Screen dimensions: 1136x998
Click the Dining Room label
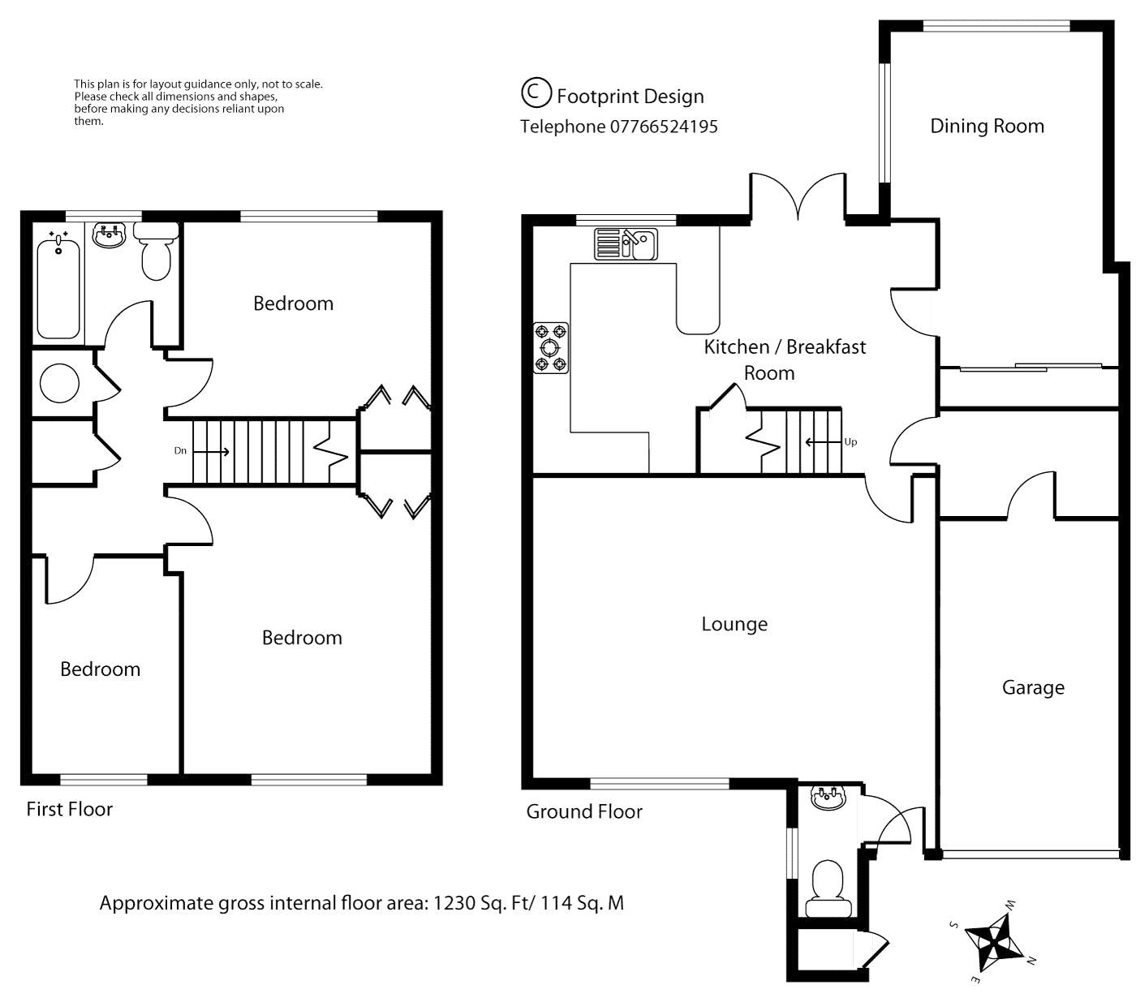click(x=987, y=126)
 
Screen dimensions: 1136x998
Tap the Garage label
click(x=1033, y=687)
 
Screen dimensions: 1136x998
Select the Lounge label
click(x=734, y=624)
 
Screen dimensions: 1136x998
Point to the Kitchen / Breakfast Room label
click(x=785, y=359)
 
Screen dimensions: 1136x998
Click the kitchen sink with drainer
click(x=626, y=244)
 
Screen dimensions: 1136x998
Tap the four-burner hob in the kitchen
click(x=551, y=347)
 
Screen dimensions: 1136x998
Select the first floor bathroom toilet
click(x=156, y=251)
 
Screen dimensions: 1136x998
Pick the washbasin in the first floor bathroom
click(x=108, y=234)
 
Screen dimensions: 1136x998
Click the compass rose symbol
click(x=993, y=943)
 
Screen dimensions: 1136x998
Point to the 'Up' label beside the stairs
click(x=850, y=442)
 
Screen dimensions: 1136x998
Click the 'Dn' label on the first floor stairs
click(x=180, y=450)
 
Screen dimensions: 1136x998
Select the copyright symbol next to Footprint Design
click(x=536, y=92)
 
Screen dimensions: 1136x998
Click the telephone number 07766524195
click(x=663, y=127)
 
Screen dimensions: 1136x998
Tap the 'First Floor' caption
click(x=70, y=809)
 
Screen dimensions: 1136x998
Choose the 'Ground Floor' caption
click(x=584, y=811)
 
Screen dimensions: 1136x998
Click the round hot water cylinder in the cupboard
click(x=59, y=383)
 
